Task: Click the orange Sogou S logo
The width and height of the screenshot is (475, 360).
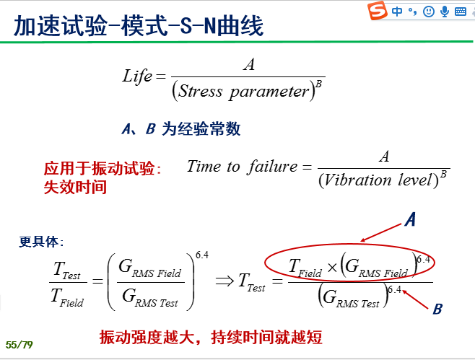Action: (378, 10)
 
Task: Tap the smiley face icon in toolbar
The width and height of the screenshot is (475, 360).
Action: (428, 12)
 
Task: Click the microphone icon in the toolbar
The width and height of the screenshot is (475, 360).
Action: (445, 12)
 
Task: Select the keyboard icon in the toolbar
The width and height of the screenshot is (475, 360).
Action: (460, 12)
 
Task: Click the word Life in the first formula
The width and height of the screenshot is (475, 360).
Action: (137, 76)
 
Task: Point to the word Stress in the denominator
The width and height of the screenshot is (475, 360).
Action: (200, 91)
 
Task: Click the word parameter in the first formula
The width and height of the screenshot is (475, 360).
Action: (269, 92)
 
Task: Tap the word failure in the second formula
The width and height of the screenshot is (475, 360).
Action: (272, 166)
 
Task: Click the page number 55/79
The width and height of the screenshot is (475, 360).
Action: (19, 345)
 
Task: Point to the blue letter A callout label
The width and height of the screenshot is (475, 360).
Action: (411, 219)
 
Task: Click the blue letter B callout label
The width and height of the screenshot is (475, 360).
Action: (437, 309)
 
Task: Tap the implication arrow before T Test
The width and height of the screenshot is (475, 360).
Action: (225, 281)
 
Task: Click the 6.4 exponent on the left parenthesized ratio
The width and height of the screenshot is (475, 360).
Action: (202, 255)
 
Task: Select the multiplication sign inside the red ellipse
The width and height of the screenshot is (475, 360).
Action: (332, 268)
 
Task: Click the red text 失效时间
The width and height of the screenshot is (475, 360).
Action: (75, 187)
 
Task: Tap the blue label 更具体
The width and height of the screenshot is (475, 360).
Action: (41, 242)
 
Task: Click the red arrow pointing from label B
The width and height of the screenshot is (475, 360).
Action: (414, 299)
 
